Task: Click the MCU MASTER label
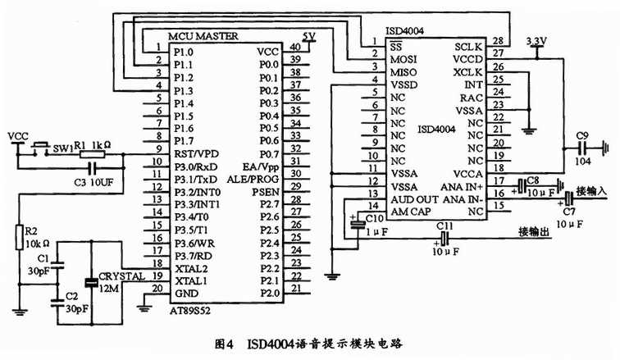pyautogui.click(x=203, y=37)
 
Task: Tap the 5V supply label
pyautogui.click(x=308, y=36)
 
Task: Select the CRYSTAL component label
pyautogui.click(x=121, y=276)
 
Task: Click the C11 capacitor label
pyautogui.click(x=444, y=224)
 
